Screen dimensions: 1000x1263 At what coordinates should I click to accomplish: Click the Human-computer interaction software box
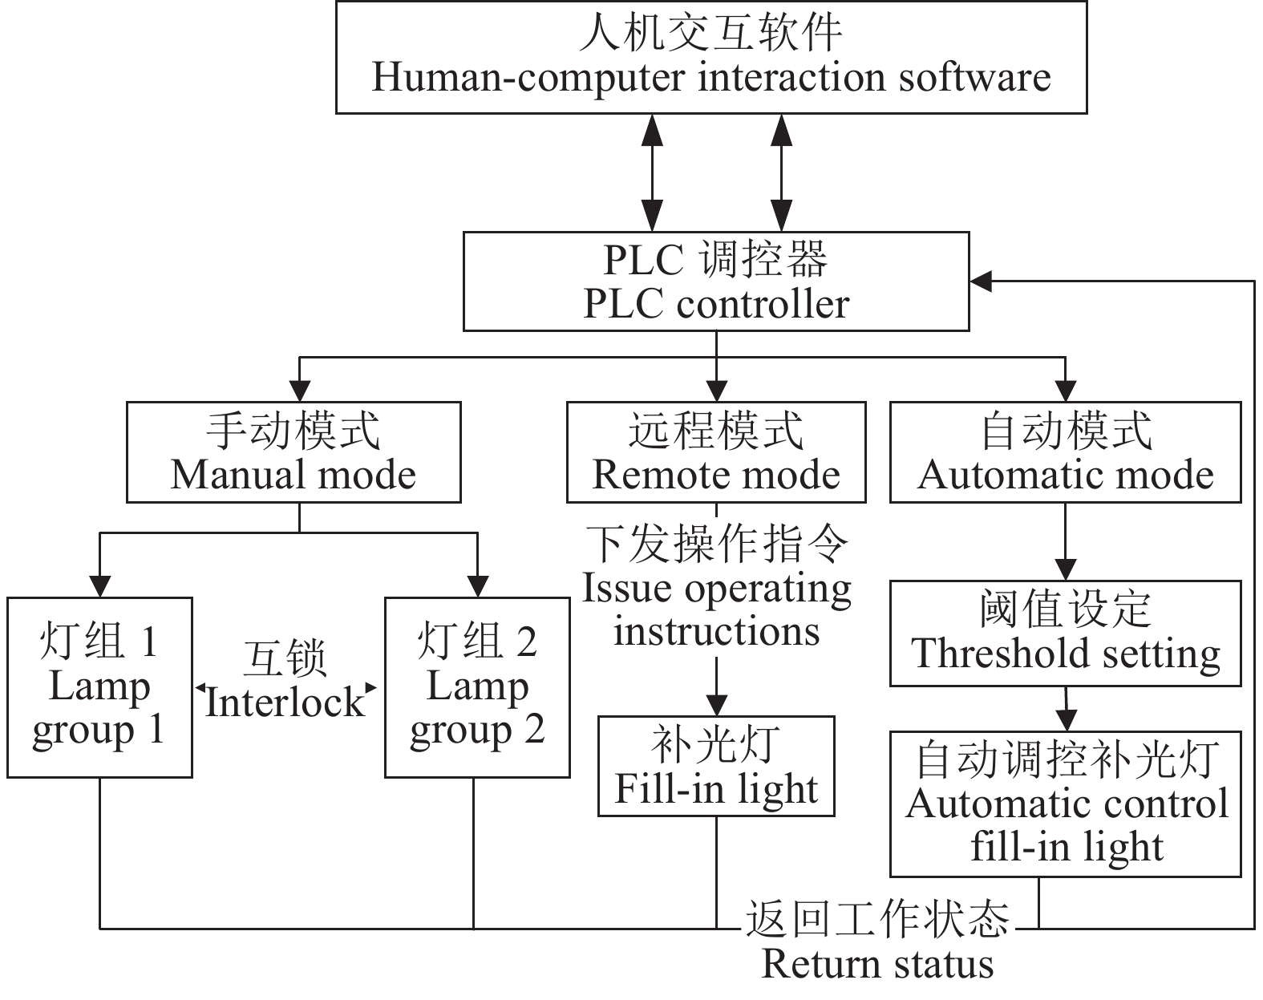(x=710, y=57)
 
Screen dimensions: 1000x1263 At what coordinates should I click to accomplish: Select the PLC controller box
(x=716, y=281)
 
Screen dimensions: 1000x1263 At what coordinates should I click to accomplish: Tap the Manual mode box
(x=293, y=452)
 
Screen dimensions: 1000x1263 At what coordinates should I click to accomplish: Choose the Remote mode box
(x=716, y=452)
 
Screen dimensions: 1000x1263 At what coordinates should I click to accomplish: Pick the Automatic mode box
(x=1065, y=452)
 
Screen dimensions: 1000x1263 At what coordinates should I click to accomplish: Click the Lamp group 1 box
(x=99, y=687)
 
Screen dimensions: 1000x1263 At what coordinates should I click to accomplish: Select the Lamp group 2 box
(x=477, y=687)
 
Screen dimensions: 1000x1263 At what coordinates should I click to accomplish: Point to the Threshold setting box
(x=1065, y=634)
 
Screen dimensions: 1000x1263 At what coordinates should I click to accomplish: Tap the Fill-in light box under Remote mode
(x=716, y=766)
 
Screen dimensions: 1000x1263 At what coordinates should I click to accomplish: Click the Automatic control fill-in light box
(x=1065, y=804)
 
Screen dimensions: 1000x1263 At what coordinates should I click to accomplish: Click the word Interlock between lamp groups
(x=285, y=703)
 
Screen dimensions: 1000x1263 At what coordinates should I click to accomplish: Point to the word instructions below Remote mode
(x=717, y=631)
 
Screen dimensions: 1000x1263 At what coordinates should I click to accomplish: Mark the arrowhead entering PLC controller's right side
(x=981, y=281)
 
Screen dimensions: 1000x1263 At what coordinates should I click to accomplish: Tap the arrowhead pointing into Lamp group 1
(x=99, y=587)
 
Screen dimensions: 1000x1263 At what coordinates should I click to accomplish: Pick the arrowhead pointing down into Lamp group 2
(x=477, y=587)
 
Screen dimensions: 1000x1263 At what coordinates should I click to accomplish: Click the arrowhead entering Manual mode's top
(x=299, y=391)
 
